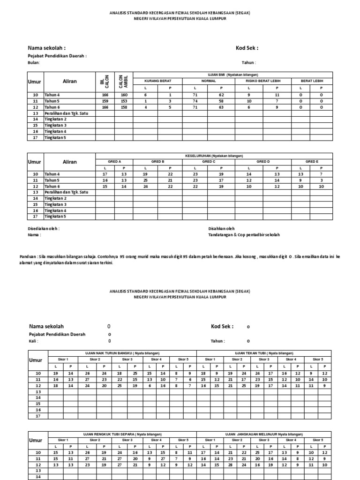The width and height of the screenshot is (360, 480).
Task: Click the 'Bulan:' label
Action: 34,63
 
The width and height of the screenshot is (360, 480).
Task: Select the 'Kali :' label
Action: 33,341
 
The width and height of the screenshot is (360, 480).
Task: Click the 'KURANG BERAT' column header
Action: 157,81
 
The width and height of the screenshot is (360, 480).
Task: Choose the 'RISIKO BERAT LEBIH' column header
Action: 262,81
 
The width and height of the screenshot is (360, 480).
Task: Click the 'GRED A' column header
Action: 114,162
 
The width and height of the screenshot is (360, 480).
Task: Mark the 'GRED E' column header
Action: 312,162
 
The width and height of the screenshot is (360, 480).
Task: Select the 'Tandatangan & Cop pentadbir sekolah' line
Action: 244,235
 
